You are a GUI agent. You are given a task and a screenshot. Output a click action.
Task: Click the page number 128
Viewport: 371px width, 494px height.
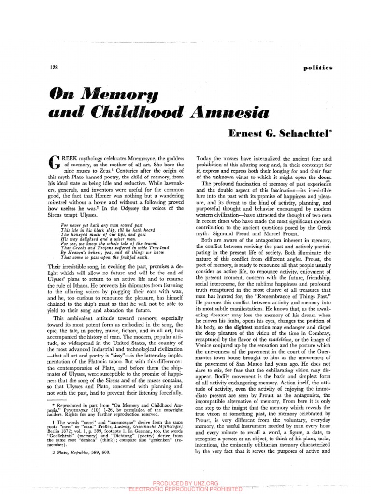coord(54,68)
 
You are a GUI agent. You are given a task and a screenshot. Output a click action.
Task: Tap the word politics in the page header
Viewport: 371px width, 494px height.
coord(318,68)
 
